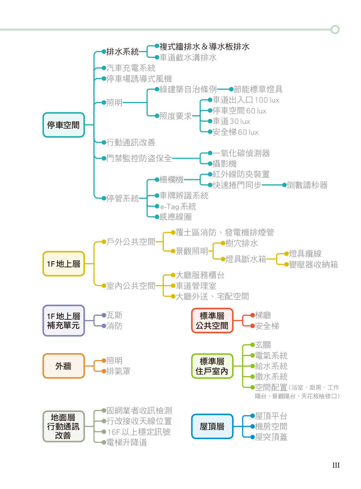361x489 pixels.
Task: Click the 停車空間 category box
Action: [64, 125]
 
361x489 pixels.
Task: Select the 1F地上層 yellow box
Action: [64, 264]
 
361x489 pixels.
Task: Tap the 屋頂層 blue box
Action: [212, 426]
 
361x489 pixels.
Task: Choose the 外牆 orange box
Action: [64, 366]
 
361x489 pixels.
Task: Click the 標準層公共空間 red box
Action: [212, 321]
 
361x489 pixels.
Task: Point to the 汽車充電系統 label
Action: [131, 68]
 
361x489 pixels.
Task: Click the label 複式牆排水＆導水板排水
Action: [204, 47]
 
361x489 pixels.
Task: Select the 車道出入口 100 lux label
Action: [246, 100]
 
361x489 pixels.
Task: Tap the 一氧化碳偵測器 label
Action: [241, 153]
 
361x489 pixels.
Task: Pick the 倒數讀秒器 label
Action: [307, 185]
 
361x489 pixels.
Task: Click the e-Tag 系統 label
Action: [178, 206]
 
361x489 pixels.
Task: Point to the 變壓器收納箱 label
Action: [313, 265]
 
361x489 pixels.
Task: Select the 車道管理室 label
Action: [196, 286]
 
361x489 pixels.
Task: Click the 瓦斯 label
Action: [114, 315]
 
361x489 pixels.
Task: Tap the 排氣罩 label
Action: [118, 371]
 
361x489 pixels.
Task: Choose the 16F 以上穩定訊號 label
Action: [139, 432]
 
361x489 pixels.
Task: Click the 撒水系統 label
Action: [271, 377]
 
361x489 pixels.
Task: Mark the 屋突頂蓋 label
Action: [271, 437]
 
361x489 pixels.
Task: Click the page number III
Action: [336, 465]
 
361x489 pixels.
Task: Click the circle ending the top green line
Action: [335, 30]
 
